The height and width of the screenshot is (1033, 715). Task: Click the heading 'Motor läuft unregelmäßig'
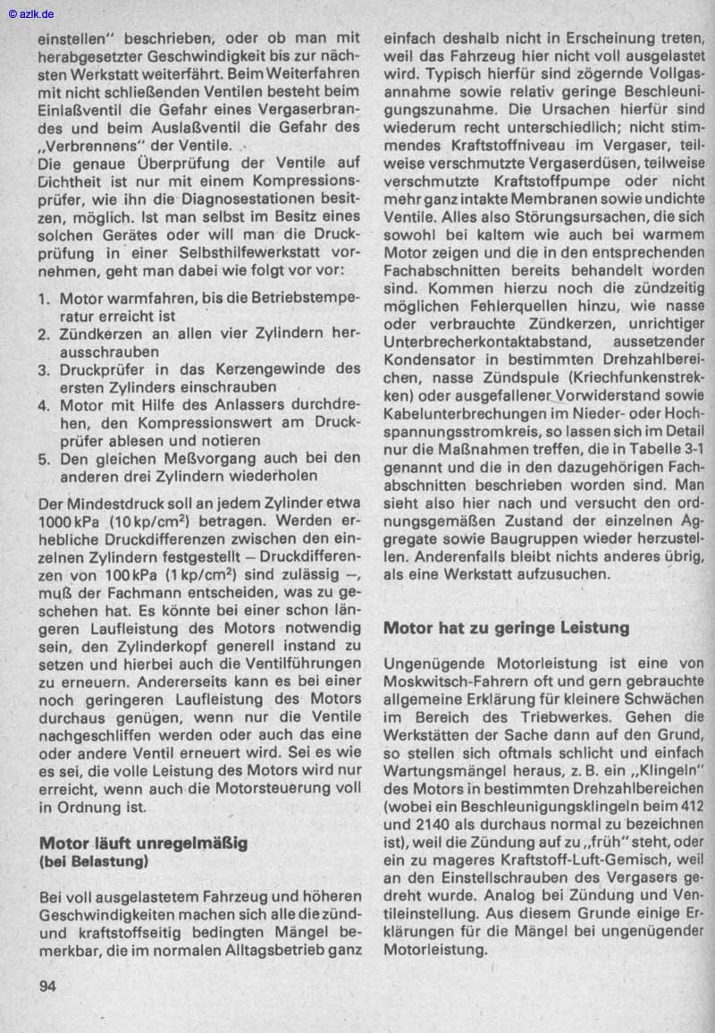143,842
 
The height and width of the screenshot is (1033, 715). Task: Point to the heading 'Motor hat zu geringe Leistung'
506,628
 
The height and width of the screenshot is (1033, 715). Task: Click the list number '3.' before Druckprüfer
46,368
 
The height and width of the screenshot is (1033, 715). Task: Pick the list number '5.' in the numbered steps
46,457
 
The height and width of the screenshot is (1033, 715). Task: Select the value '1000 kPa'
71,521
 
